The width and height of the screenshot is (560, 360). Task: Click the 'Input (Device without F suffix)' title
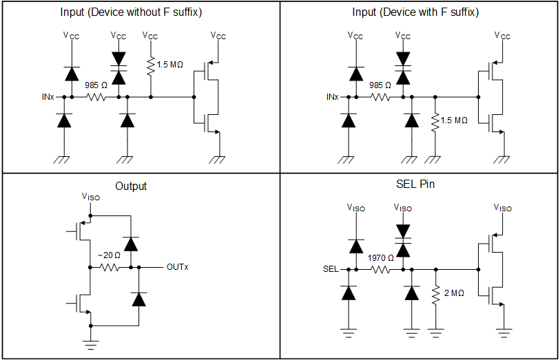click(x=140, y=12)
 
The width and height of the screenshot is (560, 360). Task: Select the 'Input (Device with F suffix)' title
click(x=415, y=12)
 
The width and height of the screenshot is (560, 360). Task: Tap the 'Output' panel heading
click(x=131, y=186)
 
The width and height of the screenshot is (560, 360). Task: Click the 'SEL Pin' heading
click(x=415, y=184)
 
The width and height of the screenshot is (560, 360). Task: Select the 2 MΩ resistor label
click(x=453, y=293)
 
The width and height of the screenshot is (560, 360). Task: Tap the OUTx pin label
click(x=176, y=267)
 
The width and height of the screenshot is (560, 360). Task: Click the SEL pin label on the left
click(x=331, y=269)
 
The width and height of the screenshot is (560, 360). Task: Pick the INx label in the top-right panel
click(x=332, y=97)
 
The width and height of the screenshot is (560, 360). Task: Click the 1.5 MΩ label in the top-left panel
click(x=170, y=65)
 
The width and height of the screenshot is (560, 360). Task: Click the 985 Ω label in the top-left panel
click(x=96, y=85)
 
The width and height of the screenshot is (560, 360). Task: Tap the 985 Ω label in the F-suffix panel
click(x=380, y=85)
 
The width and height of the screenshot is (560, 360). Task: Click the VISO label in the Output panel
click(x=90, y=197)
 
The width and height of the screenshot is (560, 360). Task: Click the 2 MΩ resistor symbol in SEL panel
click(x=435, y=294)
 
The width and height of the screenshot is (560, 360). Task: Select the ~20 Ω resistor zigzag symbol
click(x=110, y=267)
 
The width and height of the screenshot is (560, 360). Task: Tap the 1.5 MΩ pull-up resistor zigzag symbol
click(x=151, y=65)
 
